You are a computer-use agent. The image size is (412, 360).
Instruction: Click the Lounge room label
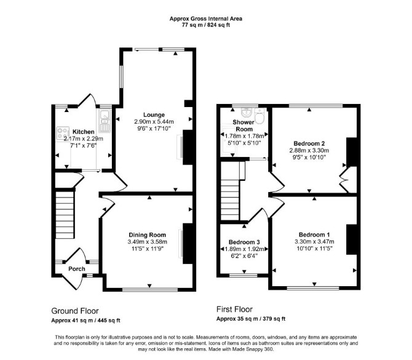coord(154,115)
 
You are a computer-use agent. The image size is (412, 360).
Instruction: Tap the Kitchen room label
coord(83,132)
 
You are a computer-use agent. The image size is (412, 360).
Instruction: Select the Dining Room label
coord(147,235)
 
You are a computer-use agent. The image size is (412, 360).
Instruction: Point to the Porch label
coord(77,269)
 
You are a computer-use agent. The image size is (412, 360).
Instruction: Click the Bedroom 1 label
coord(314,234)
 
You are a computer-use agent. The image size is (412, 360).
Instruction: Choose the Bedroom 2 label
coord(309,143)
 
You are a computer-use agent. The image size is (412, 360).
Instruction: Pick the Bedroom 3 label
coord(244,242)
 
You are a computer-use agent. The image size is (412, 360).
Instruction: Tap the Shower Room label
coord(244,126)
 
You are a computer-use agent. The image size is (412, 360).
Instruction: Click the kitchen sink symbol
coord(105,121)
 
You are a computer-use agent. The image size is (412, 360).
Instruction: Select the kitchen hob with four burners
coord(63,133)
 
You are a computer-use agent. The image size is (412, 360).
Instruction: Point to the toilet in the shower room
coord(260,116)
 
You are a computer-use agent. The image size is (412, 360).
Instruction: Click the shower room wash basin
coord(246,112)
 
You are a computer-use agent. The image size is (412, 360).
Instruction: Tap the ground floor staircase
coord(65,215)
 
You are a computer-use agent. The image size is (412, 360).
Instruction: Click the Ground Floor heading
coord(75,311)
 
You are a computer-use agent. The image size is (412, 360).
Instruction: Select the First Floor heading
coord(234,310)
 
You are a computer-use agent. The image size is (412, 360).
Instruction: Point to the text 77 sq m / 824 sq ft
coord(206,25)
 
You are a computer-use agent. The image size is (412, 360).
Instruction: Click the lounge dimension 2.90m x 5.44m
coord(154,122)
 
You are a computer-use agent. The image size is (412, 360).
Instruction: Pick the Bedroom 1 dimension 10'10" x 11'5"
coord(314,249)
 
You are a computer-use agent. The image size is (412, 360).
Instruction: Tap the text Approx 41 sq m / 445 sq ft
coord(85,321)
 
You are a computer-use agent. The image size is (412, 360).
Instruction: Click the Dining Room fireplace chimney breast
coord(188,244)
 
